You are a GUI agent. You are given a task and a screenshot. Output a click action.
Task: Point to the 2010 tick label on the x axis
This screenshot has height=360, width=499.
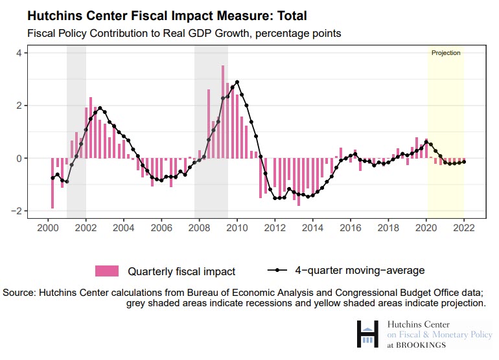click(x=237, y=228)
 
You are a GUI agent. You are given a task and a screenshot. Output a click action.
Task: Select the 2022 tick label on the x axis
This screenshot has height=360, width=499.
click(x=465, y=228)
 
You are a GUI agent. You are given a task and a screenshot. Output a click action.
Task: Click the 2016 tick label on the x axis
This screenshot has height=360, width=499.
click(x=351, y=228)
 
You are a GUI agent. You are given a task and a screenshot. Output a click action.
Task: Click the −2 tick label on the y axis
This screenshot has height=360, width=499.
click(x=17, y=211)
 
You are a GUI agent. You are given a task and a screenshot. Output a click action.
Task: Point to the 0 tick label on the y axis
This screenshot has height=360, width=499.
click(x=19, y=158)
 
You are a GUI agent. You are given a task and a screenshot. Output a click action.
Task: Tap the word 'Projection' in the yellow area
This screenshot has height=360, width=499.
click(x=446, y=53)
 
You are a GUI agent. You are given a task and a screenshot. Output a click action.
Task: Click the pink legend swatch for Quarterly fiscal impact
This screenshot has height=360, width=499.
click(x=107, y=271)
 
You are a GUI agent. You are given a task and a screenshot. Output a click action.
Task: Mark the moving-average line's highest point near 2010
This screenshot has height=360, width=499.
click(x=237, y=82)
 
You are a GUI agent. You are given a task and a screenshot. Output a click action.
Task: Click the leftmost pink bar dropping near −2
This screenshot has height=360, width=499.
click(x=52, y=183)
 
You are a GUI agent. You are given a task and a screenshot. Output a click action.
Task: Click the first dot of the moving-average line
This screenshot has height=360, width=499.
click(x=52, y=178)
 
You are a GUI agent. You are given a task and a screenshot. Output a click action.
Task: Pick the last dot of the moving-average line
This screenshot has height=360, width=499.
click(x=464, y=162)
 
